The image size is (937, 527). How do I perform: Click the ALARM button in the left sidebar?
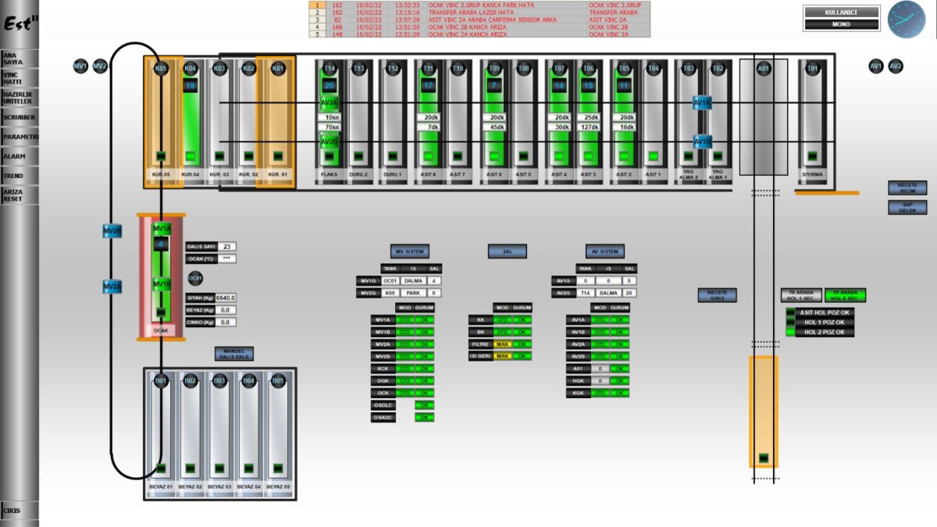(x=15, y=156)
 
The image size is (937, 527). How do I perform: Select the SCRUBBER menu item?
(x=19, y=117)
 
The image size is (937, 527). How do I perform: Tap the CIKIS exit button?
(x=12, y=512)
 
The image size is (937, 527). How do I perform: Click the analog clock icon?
(x=906, y=20)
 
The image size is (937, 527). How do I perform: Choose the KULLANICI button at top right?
(x=841, y=12)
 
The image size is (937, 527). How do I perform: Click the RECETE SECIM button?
(x=907, y=188)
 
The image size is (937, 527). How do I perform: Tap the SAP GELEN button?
(x=907, y=208)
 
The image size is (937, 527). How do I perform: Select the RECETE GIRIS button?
(x=717, y=295)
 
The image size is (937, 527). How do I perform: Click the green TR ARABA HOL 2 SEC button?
(x=845, y=295)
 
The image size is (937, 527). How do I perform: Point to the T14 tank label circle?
(x=330, y=69)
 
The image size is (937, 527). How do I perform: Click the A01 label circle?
(x=764, y=69)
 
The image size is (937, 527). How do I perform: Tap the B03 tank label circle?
(x=219, y=381)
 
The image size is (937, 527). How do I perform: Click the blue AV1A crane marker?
(x=702, y=102)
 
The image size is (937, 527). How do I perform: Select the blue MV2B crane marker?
(x=112, y=231)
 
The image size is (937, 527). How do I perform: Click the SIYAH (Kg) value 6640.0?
(x=226, y=297)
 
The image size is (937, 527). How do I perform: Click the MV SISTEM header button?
(x=410, y=251)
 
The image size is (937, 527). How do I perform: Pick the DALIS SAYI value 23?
(x=226, y=247)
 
